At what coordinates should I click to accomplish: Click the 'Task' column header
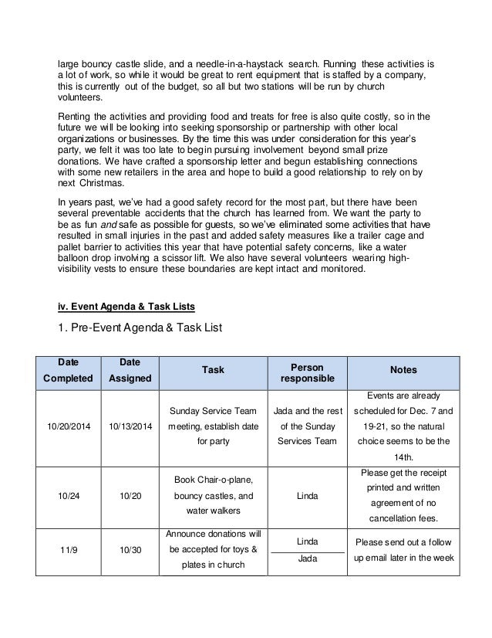point(212,370)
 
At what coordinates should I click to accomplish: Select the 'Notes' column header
point(404,370)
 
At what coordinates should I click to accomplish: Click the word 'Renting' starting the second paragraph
point(78,113)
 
